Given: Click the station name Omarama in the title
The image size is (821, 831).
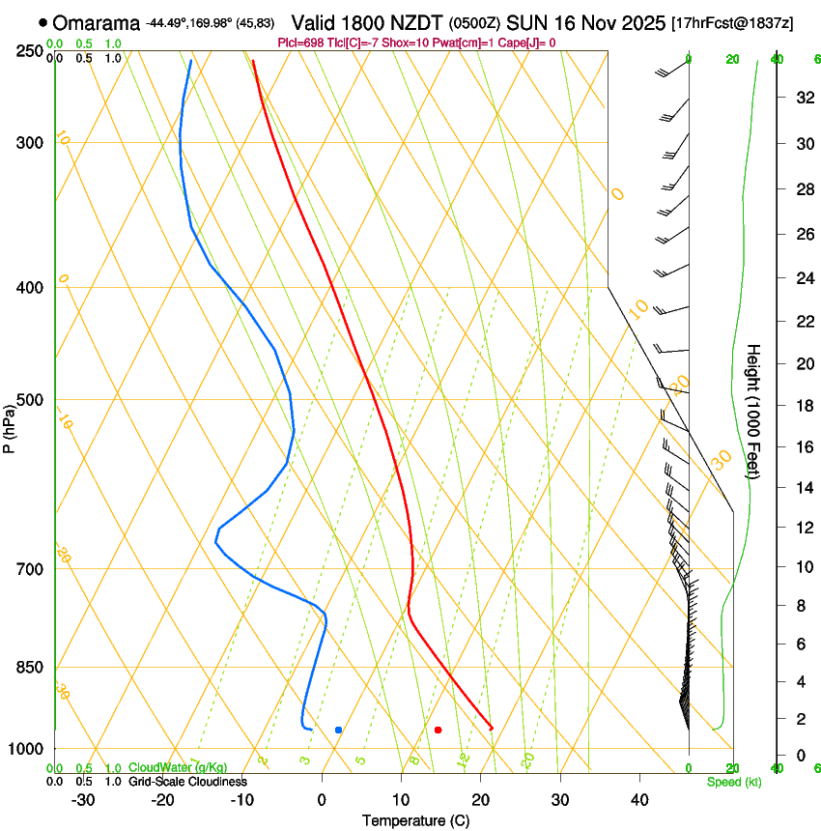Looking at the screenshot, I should [x=97, y=23].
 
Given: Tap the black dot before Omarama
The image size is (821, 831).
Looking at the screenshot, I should [x=42, y=22].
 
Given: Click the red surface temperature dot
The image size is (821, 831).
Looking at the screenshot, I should [x=439, y=730].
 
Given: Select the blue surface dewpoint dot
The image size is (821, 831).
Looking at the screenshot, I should [x=338, y=730].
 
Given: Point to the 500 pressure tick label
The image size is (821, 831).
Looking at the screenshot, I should [x=29, y=400].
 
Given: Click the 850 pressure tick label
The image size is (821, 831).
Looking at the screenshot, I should [x=29, y=667].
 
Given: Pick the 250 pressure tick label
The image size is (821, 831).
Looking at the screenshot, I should [x=29, y=50].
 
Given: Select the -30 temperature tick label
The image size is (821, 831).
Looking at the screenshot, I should [x=83, y=800].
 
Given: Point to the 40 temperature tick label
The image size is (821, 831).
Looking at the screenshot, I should [x=638, y=800].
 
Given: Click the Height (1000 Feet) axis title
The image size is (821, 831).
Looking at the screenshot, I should [x=753, y=411].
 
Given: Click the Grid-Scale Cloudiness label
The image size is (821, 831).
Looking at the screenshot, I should [x=187, y=781].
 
